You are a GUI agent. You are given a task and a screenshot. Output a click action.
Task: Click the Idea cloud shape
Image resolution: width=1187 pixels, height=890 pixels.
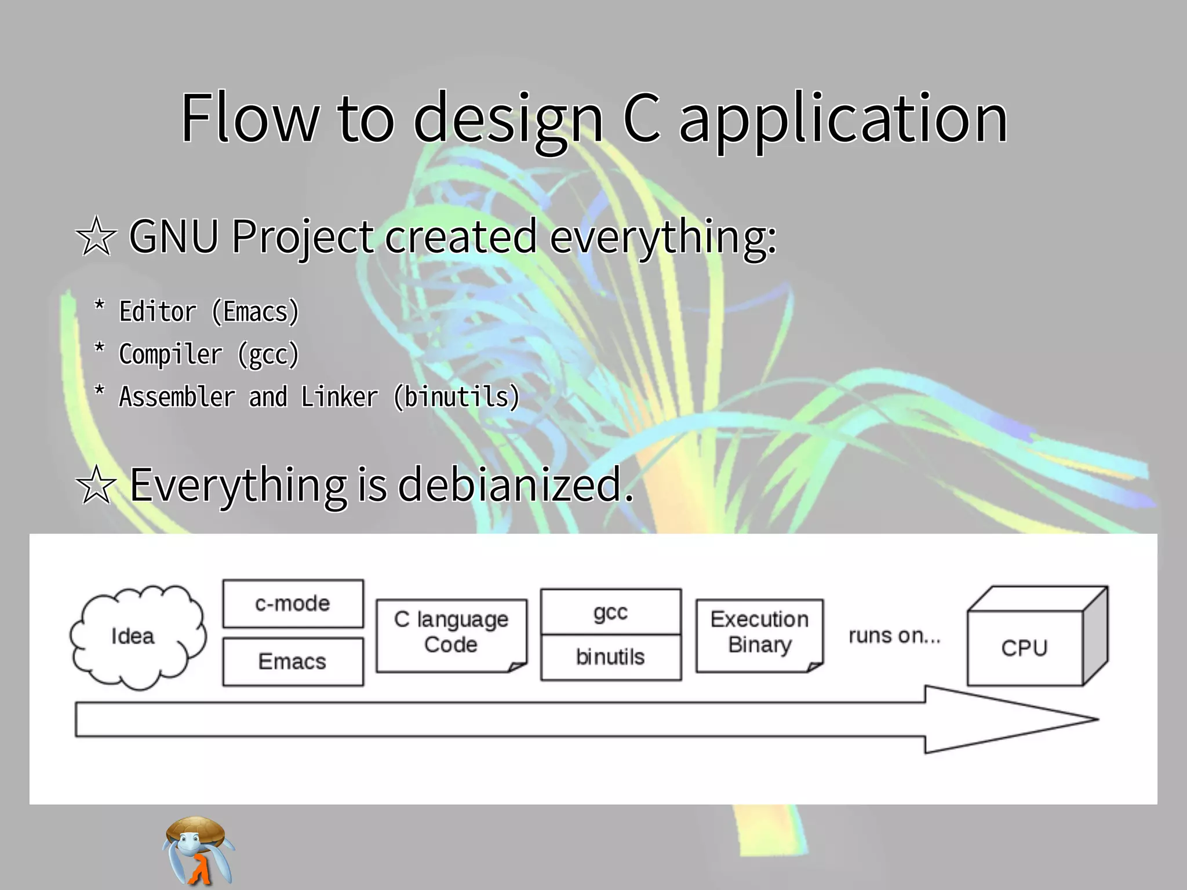(137, 636)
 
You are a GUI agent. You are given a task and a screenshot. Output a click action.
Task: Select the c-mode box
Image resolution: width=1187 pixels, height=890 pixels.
(293, 604)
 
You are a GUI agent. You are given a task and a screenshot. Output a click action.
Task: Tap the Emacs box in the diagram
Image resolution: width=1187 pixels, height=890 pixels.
(293, 662)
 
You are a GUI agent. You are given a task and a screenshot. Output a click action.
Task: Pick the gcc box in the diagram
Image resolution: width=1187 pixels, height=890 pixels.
(610, 612)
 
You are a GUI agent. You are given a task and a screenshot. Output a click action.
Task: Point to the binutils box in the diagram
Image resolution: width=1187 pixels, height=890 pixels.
(610, 657)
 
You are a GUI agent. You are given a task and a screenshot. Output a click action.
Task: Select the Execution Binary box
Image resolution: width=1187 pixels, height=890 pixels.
(759, 633)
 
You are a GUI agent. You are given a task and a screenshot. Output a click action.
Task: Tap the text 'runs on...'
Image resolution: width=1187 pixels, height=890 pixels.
(894, 636)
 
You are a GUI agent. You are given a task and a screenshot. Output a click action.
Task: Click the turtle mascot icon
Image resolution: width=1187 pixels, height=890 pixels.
(198, 851)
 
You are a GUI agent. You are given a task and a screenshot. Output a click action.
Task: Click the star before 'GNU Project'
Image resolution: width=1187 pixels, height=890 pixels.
(96, 236)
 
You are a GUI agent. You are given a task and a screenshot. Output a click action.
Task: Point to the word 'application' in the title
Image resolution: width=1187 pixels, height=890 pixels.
(843, 120)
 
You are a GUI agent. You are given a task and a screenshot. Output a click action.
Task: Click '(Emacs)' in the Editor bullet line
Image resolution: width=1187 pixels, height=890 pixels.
(256, 312)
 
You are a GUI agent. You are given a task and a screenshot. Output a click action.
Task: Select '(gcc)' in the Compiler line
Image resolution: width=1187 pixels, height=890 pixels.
(268, 355)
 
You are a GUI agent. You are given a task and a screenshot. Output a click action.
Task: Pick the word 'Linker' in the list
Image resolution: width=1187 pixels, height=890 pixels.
(339, 397)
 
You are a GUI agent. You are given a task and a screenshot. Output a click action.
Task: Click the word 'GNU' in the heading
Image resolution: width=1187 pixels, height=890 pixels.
(174, 236)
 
